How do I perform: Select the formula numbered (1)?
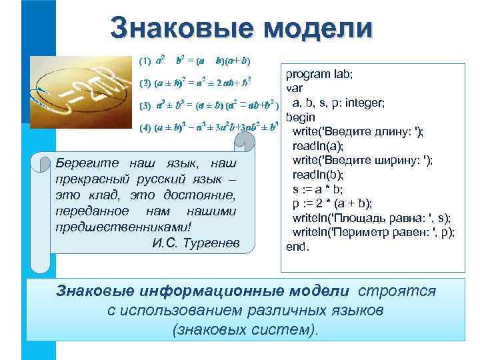click(194, 61)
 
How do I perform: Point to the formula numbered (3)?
click(207, 105)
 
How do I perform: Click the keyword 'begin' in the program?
click(301, 117)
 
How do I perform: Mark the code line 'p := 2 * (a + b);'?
click(333, 203)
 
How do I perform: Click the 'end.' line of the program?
click(298, 246)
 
